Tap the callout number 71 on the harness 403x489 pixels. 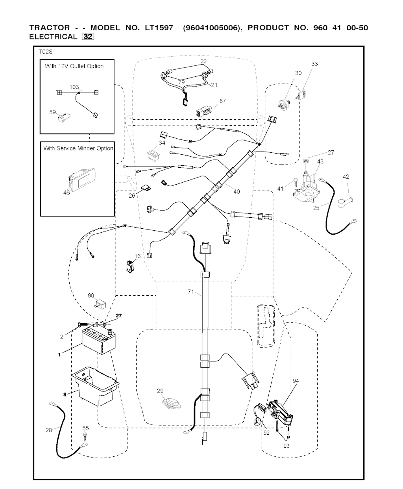191,292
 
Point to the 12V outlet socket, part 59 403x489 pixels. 63,117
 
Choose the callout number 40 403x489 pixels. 236,192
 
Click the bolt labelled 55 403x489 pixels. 85,437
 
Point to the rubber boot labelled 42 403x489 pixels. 345,202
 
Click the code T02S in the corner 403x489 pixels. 45,52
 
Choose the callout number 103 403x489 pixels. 74,87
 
